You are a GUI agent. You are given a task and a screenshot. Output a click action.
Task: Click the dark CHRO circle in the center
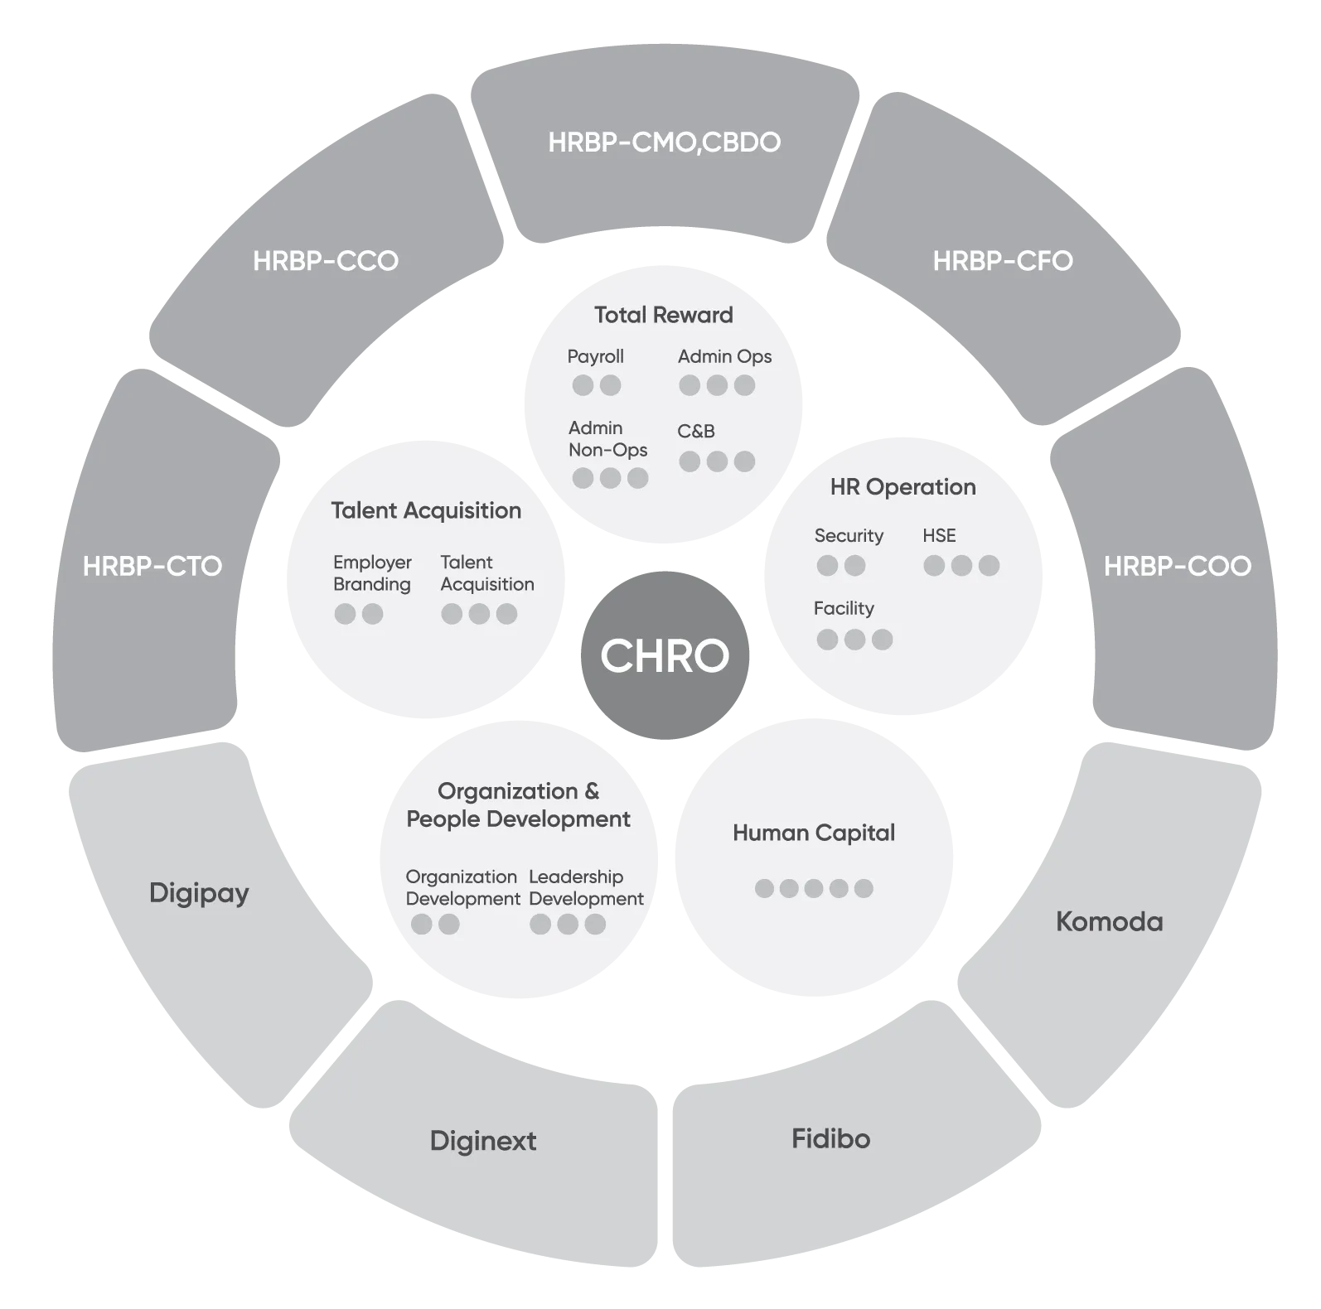click(665, 655)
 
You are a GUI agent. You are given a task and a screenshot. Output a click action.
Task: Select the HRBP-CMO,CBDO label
click(664, 142)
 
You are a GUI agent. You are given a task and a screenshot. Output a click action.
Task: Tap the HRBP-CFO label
click(1003, 261)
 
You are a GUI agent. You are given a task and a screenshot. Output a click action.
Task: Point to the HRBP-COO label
click(1177, 567)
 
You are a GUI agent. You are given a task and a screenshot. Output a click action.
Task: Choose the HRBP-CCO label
click(326, 261)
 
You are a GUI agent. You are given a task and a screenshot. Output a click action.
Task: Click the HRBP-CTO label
click(152, 567)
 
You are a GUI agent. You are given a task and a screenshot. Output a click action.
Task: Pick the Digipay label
click(199, 893)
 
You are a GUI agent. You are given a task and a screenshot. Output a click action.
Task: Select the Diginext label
click(483, 1141)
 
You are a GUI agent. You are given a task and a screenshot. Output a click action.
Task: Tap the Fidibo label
click(830, 1138)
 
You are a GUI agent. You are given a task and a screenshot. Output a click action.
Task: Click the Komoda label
click(1109, 921)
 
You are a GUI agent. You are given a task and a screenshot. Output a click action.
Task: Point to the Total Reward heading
click(664, 315)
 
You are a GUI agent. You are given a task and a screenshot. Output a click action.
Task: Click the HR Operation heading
click(902, 487)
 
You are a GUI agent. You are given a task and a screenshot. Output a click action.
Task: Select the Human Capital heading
click(814, 833)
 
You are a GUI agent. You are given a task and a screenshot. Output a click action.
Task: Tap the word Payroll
click(595, 356)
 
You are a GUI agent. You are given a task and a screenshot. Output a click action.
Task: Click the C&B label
click(696, 431)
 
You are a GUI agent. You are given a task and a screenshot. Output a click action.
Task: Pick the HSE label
click(939, 536)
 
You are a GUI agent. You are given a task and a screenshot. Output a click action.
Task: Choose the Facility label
click(844, 608)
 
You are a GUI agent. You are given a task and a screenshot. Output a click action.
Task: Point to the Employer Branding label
click(372, 573)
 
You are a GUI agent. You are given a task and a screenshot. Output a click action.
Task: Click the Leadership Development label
click(586, 887)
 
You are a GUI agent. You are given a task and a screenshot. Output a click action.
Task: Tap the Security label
click(849, 536)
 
